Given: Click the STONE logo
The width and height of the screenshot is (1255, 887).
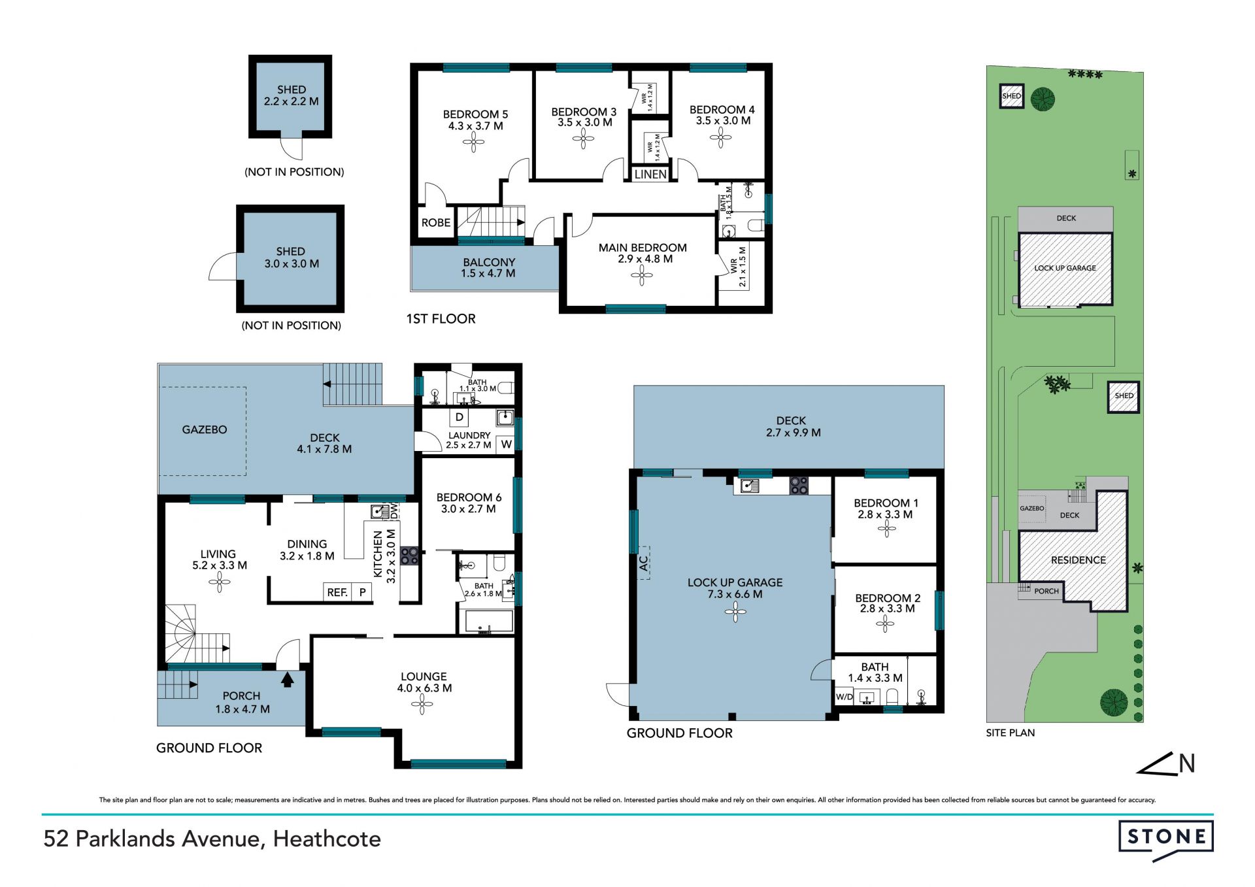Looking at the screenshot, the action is coord(1165,839).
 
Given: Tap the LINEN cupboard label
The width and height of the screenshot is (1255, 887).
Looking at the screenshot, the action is coord(650,175).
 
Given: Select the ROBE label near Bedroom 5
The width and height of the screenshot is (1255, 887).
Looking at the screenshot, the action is coord(435,223).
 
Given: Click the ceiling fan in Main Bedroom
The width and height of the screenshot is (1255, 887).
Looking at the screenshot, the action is coord(642,276).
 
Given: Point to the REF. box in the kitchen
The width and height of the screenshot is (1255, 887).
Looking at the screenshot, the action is coord(337,592).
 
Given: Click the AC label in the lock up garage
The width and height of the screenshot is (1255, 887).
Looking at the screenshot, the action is coord(644,563).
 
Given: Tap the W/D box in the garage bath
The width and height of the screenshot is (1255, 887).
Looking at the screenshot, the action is coord(844,697).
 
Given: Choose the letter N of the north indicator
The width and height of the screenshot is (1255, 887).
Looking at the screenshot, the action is coord(1187,763).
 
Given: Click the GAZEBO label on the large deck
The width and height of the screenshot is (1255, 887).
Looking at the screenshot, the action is coord(205,429).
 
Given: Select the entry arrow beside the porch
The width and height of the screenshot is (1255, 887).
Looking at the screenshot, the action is coord(287,679).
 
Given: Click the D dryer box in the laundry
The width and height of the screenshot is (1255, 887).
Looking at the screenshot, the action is coord(460,417).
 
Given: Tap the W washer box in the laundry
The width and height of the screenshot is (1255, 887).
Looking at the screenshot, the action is coord(506,444).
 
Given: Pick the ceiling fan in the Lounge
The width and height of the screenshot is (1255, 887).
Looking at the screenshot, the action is coord(422,704).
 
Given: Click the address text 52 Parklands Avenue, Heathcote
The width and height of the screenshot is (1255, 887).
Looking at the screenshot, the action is coord(212,839).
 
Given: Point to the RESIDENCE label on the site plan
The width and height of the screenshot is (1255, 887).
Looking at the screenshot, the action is coord(1079,560).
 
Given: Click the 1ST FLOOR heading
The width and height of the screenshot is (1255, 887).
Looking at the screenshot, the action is coord(441,319).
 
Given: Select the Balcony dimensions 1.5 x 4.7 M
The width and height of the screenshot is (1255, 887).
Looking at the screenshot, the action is coord(488,273).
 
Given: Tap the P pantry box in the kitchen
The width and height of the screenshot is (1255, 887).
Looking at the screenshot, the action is coord(362,592).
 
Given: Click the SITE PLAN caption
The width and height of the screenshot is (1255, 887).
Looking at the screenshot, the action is coord(1011,733).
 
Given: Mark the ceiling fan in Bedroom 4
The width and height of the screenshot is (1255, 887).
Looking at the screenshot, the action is coord(721,138).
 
